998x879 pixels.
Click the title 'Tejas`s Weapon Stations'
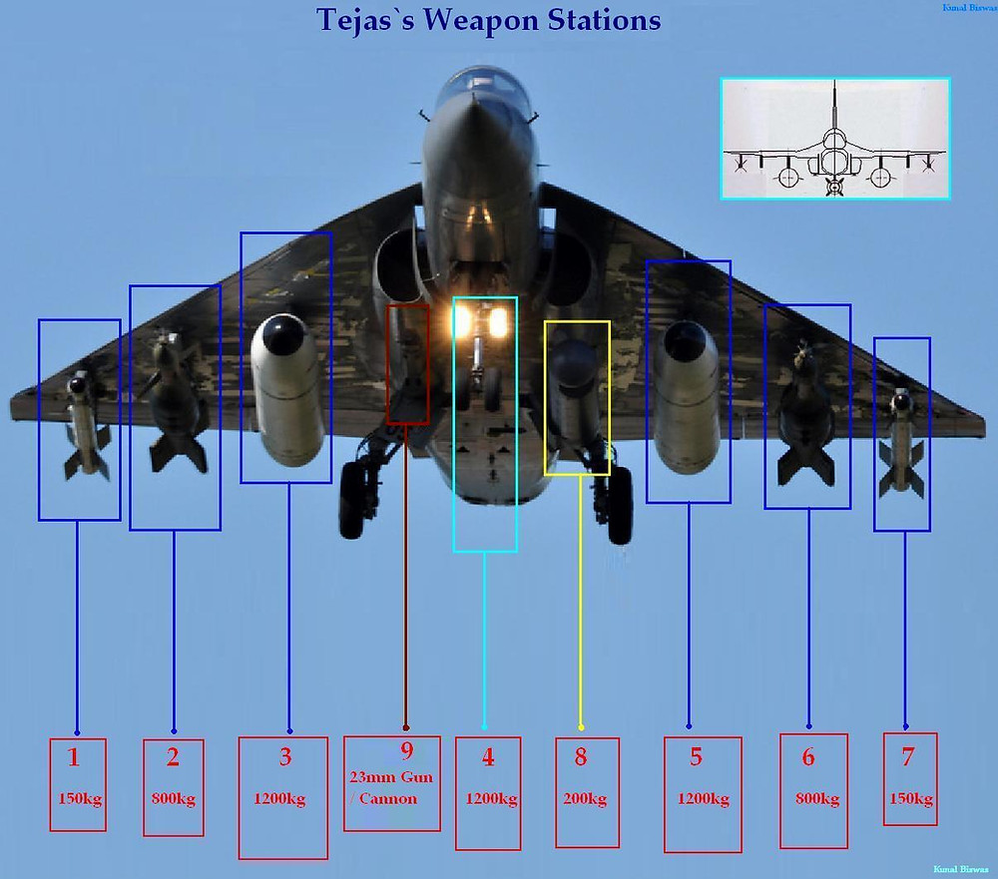click(488, 20)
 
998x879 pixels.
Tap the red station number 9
click(405, 751)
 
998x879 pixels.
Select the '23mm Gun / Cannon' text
click(391, 787)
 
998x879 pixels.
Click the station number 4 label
click(488, 757)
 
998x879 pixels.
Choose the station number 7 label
click(907, 757)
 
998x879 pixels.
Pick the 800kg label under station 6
click(814, 799)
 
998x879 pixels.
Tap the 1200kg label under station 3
click(280, 799)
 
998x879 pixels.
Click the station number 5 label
click(696, 757)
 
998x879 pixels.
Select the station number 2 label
click(173, 757)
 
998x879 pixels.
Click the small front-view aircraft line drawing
click(834, 139)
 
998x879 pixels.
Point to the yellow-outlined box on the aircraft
click(577, 397)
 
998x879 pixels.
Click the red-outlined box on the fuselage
click(407, 364)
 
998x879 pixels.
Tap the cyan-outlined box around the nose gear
click(485, 424)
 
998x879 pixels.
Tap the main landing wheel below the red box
click(355, 499)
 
